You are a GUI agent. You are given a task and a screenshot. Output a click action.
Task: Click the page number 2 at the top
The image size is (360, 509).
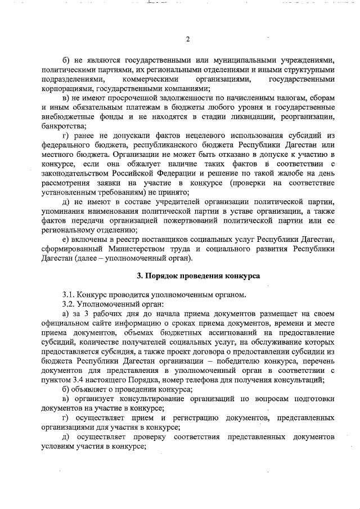pyautogui.click(x=188, y=39)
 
